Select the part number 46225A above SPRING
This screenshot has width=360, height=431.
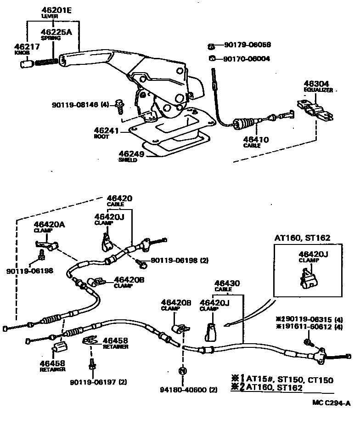[56, 32]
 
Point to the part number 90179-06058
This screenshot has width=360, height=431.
[247, 45]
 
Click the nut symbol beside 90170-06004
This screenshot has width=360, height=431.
[212, 58]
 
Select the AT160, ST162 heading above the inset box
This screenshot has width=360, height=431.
[302, 238]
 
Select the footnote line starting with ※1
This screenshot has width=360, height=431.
[282, 380]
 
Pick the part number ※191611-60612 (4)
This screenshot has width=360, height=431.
[309, 327]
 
